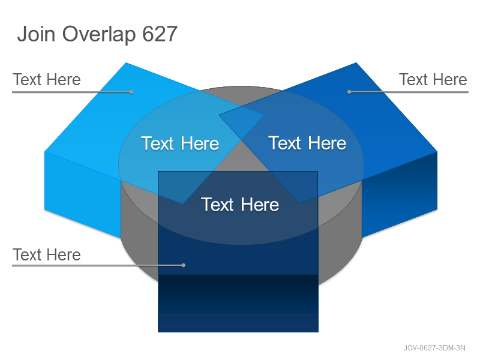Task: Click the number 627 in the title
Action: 160,34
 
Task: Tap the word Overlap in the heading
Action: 99,34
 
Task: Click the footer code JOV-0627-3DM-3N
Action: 434,348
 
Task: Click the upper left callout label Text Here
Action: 47,80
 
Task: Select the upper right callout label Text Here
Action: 433,80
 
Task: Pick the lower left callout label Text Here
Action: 47,254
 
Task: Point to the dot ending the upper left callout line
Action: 131,92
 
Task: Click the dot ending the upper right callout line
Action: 349,92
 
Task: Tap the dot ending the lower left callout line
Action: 184,265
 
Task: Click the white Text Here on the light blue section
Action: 180,143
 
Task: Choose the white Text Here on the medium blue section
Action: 307,143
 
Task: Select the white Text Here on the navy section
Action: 240,205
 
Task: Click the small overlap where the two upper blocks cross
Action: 241,121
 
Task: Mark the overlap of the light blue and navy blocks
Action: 181,185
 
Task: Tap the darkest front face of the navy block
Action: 238,303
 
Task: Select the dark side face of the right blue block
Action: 400,196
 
